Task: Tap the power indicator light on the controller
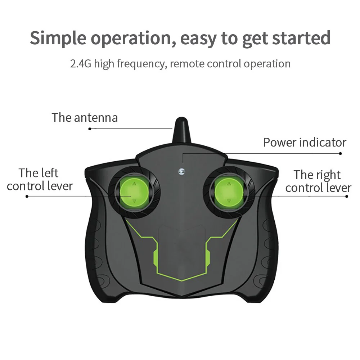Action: [181, 171]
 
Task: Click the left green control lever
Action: [134, 192]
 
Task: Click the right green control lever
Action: [229, 192]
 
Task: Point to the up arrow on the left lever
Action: [134, 184]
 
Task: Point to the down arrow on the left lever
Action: [134, 201]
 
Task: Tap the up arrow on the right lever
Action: [229, 184]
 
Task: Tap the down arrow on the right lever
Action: [229, 201]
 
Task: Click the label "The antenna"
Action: [85, 118]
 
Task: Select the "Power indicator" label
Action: [305, 142]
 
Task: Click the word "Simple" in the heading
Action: [58, 39]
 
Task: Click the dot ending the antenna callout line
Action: [90, 129]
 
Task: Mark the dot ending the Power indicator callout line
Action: [340, 153]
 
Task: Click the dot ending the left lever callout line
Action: [27, 196]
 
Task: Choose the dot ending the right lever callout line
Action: [347, 196]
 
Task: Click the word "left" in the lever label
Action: [49, 173]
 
